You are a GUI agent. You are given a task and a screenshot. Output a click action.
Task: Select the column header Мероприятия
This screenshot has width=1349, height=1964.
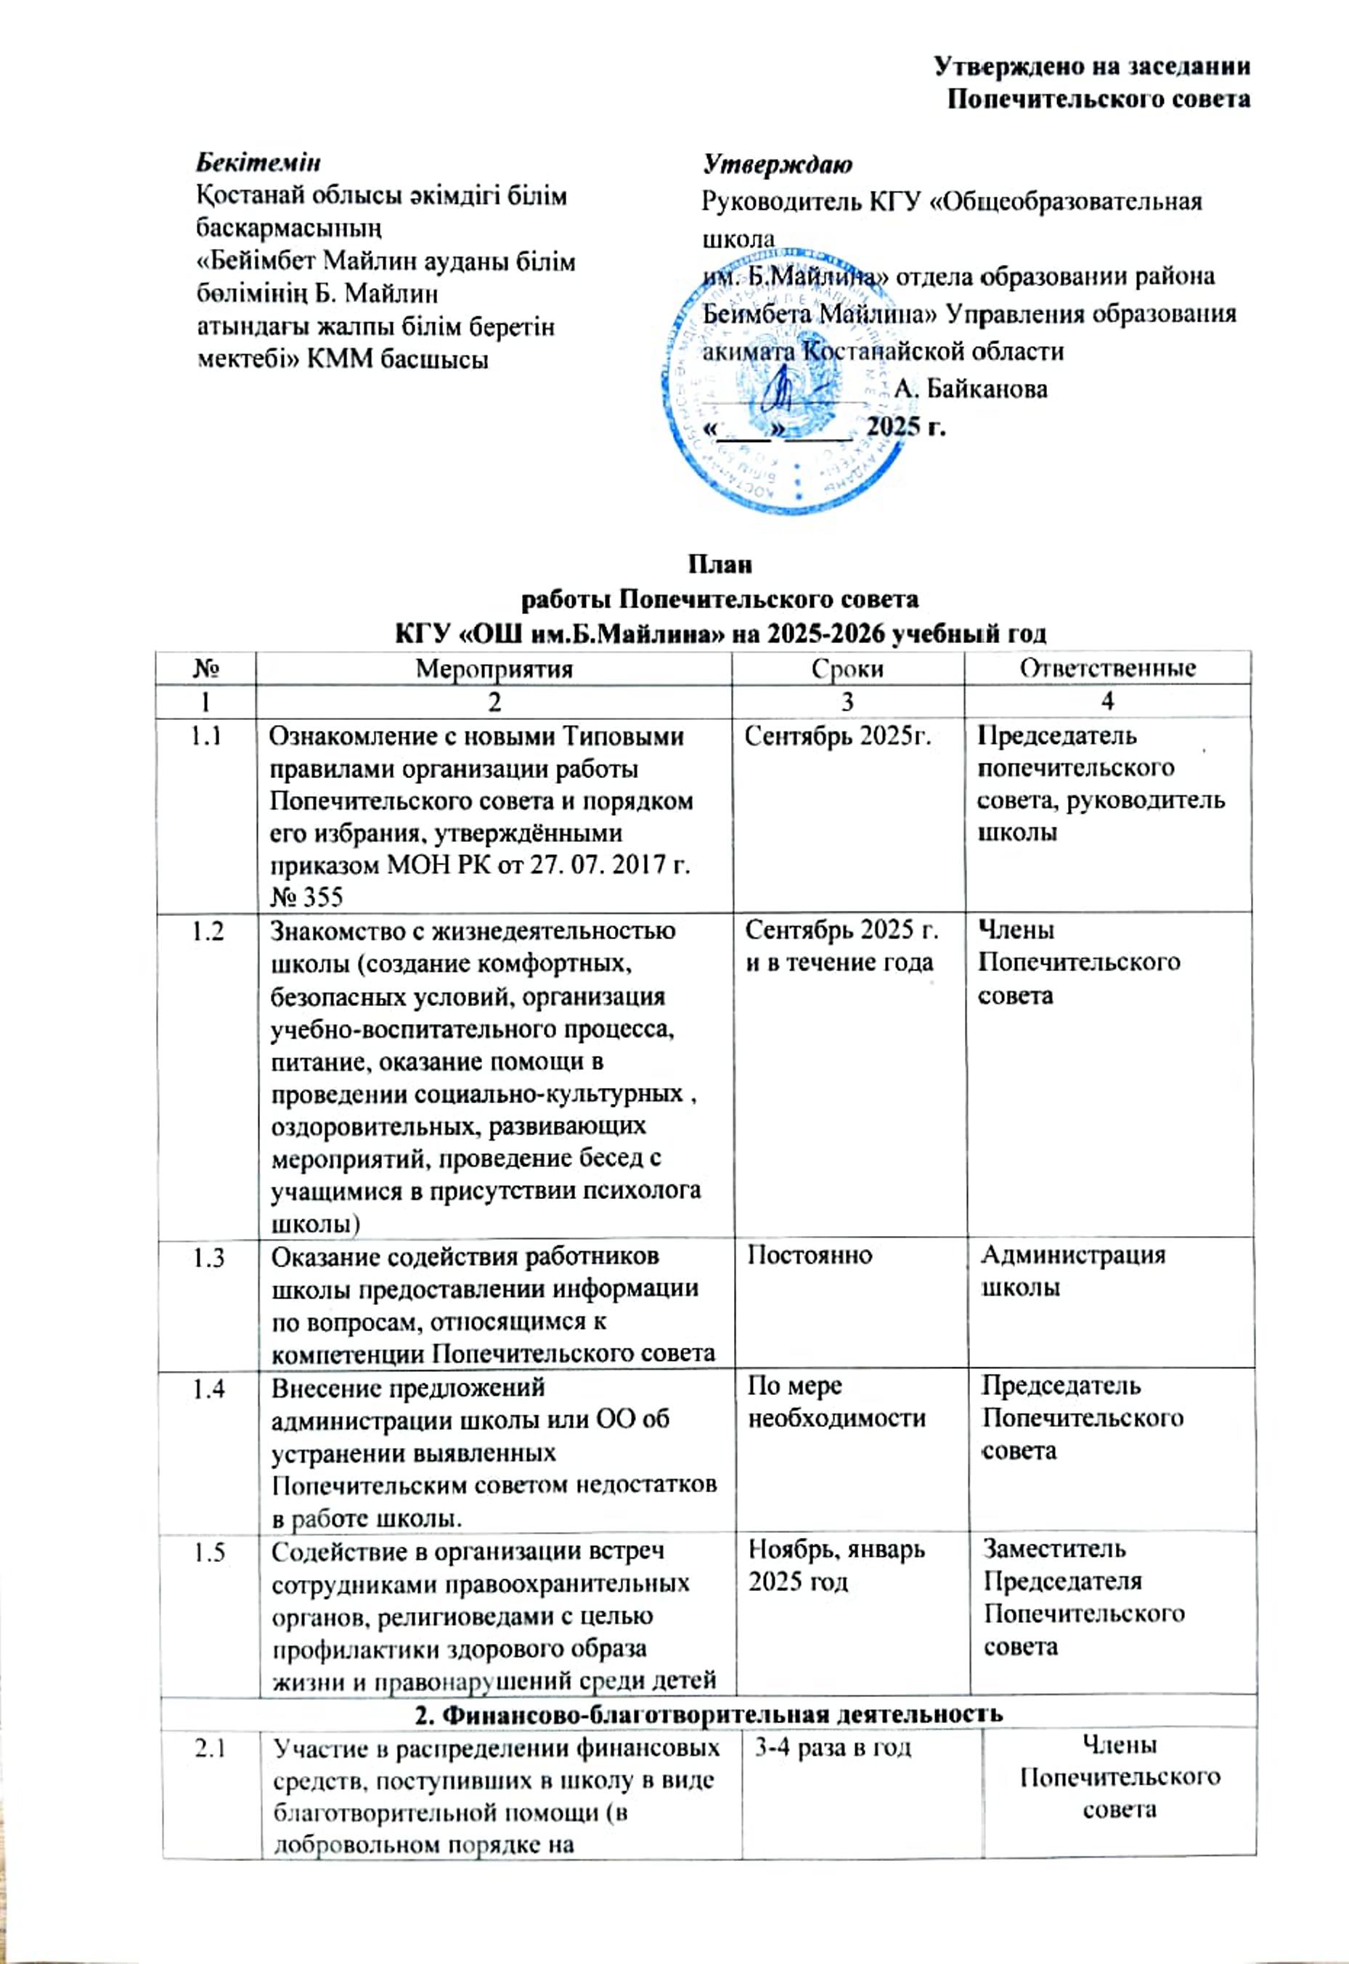[x=494, y=668]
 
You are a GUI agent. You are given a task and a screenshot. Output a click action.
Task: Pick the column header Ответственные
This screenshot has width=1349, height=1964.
[x=1106, y=668]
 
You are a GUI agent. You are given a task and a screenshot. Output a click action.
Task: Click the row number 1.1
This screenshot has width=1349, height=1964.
[x=205, y=736]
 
